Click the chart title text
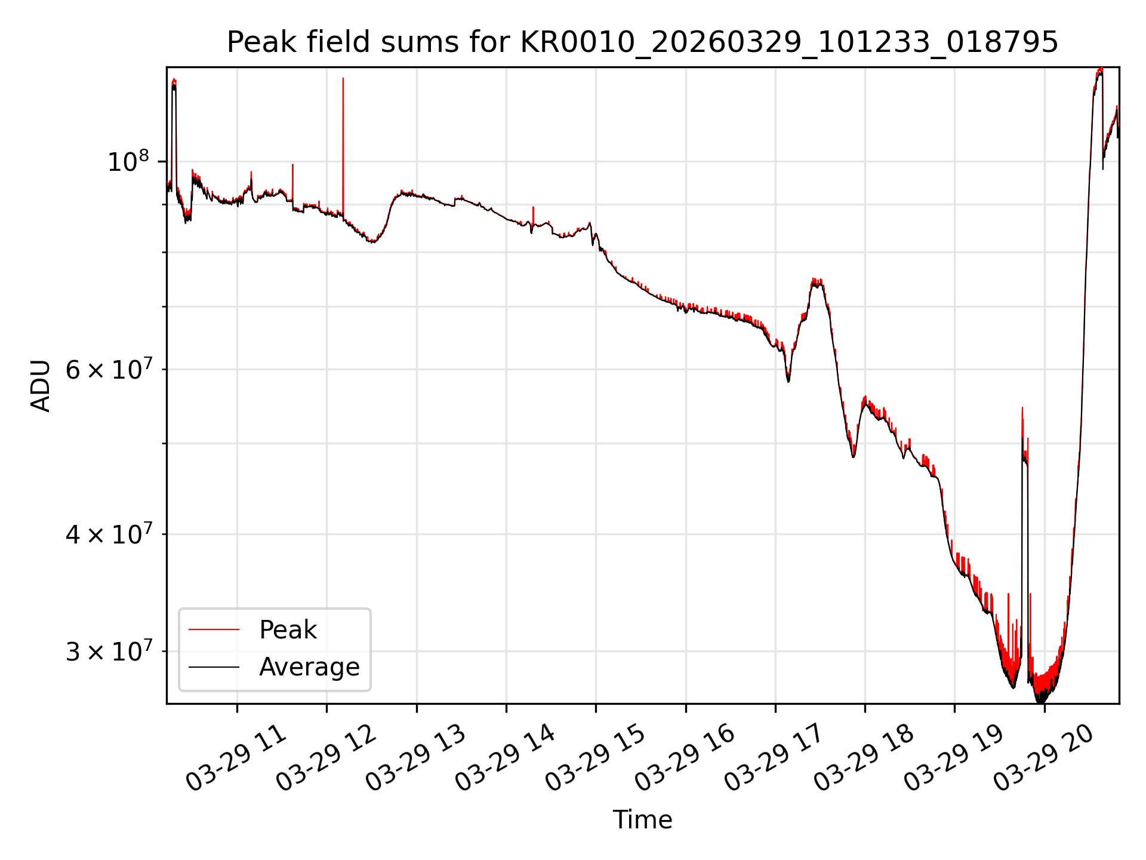pos(642,42)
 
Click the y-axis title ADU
pos(41,386)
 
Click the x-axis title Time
pos(642,820)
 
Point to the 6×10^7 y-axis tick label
pos(108,370)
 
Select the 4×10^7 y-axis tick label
pos(108,535)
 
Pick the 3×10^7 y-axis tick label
pos(108,652)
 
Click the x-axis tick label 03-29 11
pos(236,758)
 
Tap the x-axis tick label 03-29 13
pos(415,758)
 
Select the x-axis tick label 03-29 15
pos(595,758)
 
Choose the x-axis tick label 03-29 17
pos(774,758)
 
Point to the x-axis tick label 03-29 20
pos(1043,758)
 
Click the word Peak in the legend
pos(288,630)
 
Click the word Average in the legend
pos(309,667)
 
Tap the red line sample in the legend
pos(214,629)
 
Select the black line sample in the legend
pos(214,667)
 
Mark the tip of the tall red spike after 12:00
pos(343,78)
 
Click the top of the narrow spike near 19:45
pos(1022,408)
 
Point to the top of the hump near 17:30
pos(817,279)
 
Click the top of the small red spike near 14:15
pos(533,207)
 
